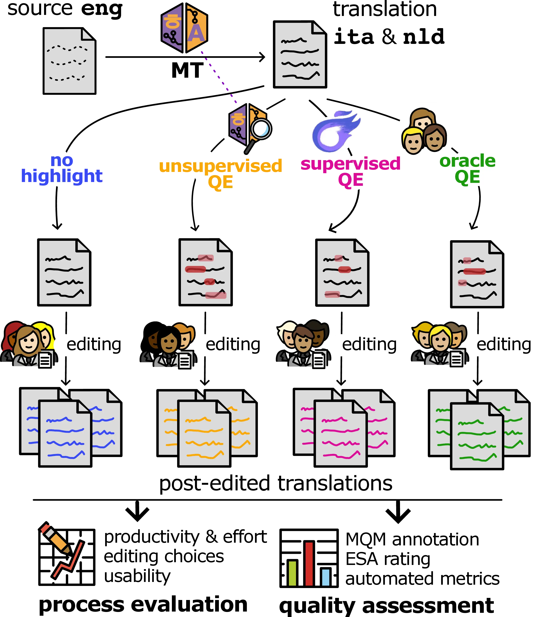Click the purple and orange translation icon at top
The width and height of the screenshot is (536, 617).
pos(184,28)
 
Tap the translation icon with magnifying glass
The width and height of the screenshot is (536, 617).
pos(247,126)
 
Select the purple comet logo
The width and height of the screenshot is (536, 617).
pos(334,132)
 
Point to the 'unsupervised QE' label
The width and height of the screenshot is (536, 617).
pos(221,174)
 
